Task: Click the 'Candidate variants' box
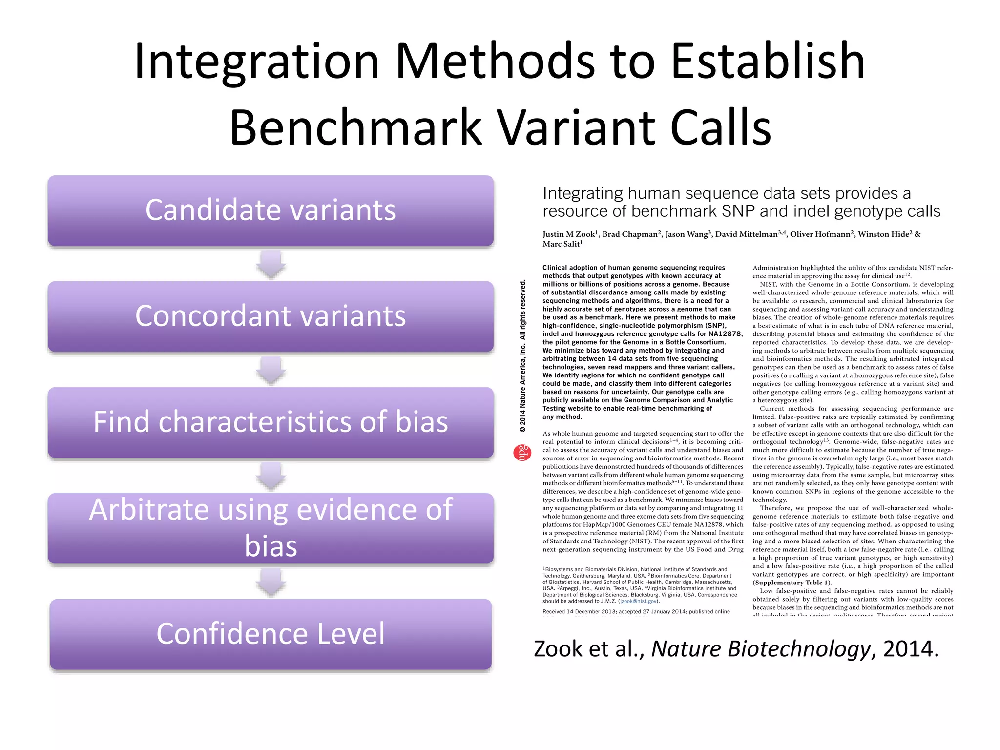(x=271, y=210)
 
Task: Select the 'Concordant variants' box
(x=271, y=316)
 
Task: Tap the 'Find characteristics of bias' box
(x=271, y=422)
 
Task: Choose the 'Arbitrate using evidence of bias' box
(x=271, y=528)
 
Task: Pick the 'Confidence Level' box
(x=271, y=634)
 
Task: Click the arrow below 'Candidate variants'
(x=271, y=264)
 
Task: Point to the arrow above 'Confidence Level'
(x=271, y=582)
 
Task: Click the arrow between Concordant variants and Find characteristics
(x=271, y=370)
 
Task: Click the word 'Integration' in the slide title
(x=256, y=62)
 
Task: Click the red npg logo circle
(x=522, y=453)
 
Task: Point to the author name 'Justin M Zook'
(x=568, y=234)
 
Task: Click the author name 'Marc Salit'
(x=562, y=244)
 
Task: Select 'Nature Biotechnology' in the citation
(x=761, y=649)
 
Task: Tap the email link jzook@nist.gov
(x=638, y=601)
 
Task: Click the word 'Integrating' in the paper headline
(x=583, y=193)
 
